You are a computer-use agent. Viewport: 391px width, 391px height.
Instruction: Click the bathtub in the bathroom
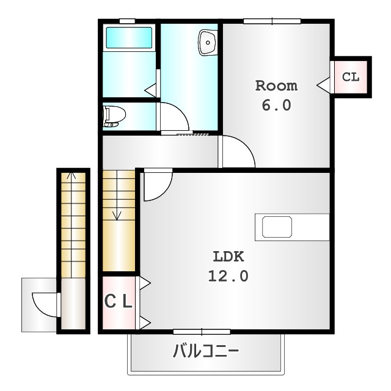pos(129,38)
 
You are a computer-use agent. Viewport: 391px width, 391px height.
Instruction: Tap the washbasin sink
pos(208,42)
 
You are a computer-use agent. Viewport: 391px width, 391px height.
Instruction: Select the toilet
pos(114,116)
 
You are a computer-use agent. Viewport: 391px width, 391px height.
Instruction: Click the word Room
pos(276,86)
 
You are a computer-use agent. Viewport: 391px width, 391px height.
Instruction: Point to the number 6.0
pos(276,105)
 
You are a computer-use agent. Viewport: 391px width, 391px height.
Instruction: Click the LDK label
pos(228,257)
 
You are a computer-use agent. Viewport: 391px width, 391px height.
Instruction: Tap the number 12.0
pos(228,276)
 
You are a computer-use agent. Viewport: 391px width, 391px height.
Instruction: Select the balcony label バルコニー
pos(206,351)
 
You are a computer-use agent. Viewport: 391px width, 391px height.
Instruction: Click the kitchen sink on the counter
pos(277,227)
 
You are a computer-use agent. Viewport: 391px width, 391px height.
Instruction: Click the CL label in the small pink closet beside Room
pos(351,77)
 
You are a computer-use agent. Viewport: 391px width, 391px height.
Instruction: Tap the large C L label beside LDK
pos(118,301)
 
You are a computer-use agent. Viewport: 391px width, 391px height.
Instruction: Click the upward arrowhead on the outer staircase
pos(71,175)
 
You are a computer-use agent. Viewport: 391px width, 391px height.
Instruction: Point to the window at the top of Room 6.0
pos(272,21)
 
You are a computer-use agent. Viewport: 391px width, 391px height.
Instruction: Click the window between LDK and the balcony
pos(202,332)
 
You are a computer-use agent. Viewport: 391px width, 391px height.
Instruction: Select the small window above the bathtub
pos(127,21)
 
